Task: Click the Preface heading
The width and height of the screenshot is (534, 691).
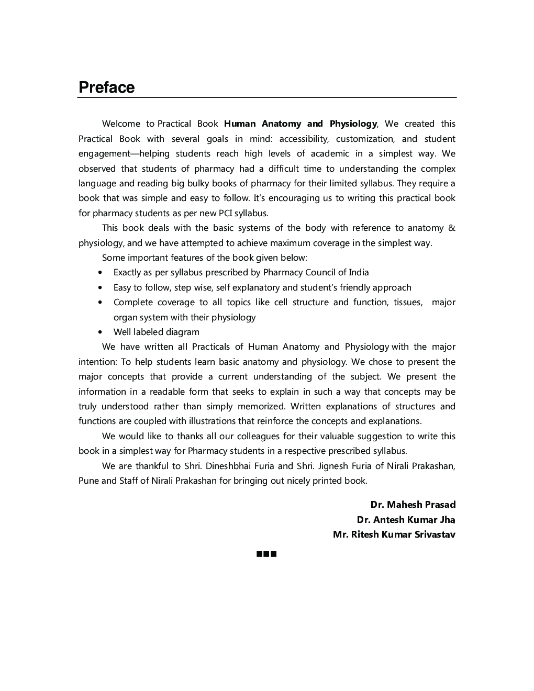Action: pyautogui.click(x=106, y=87)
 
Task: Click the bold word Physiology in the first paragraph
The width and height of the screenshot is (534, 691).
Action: pyautogui.click(x=353, y=124)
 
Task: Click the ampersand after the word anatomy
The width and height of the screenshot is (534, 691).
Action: pyautogui.click(x=452, y=228)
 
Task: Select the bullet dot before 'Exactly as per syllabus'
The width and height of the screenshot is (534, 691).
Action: pyautogui.click(x=100, y=273)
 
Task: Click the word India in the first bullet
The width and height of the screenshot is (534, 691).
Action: pyautogui.click(x=359, y=272)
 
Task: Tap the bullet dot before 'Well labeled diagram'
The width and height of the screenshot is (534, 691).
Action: pyautogui.click(x=100, y=332)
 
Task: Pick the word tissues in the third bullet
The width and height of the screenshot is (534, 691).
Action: pyautogui.click(x=408, y=302)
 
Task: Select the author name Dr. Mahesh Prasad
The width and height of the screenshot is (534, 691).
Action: pyautogui.click(x=413, y=505)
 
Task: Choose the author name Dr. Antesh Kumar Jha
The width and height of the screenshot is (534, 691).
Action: pyautogui.click(x=406, y=520)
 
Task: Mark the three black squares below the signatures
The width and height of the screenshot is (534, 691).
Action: pyautogui.click(x=266, y=554)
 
